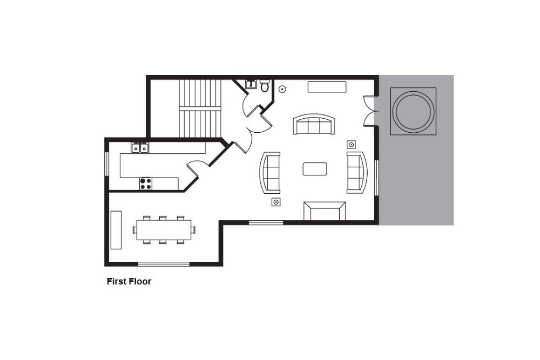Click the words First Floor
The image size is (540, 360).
pyautogui.click(x=129, y=282)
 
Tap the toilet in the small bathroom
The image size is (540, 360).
pyautogui.click(x=265, y=85)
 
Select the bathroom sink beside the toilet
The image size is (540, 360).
pyautogui.click(x=251, y=84)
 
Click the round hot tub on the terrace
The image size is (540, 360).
pyautogui.click(x=413, y=111)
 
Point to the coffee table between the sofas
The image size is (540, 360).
pyautogui.click(x=315, y=169)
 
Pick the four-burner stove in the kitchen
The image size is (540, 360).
pyautogui.click(x=146, y=184)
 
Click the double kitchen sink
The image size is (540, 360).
pyautogui.click(x=140, y=148)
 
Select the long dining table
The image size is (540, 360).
pyautogui.click(x=164, y=229)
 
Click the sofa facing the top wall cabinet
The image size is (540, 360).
pyautogui.click(x=314, y=124)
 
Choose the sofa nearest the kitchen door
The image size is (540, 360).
pyautogui.click(x=270, y=172)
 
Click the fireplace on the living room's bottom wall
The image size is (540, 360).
pyautogui.click(x=325, y=211)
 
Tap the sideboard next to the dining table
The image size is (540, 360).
pyautogui.click(x=116, y=230)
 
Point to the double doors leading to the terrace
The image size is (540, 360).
pyautogui.click(x=370, y=111)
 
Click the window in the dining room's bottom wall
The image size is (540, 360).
pyautogui.click(x=164, y=264)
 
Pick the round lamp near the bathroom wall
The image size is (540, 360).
pyautogui.click(x=282, y=89)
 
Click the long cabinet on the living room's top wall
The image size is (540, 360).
pyautogui.click(x=327, y=87)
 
